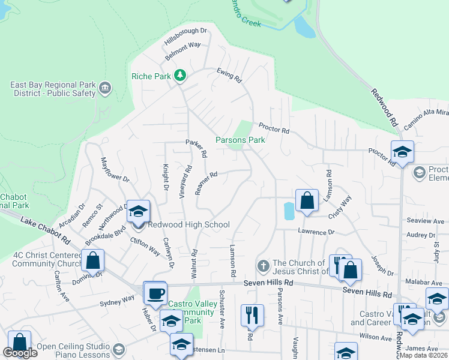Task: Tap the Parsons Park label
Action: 240,140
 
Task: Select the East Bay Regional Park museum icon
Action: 105,89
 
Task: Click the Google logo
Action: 20,353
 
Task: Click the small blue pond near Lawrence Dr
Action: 289,211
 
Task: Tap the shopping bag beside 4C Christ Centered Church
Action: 93,260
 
